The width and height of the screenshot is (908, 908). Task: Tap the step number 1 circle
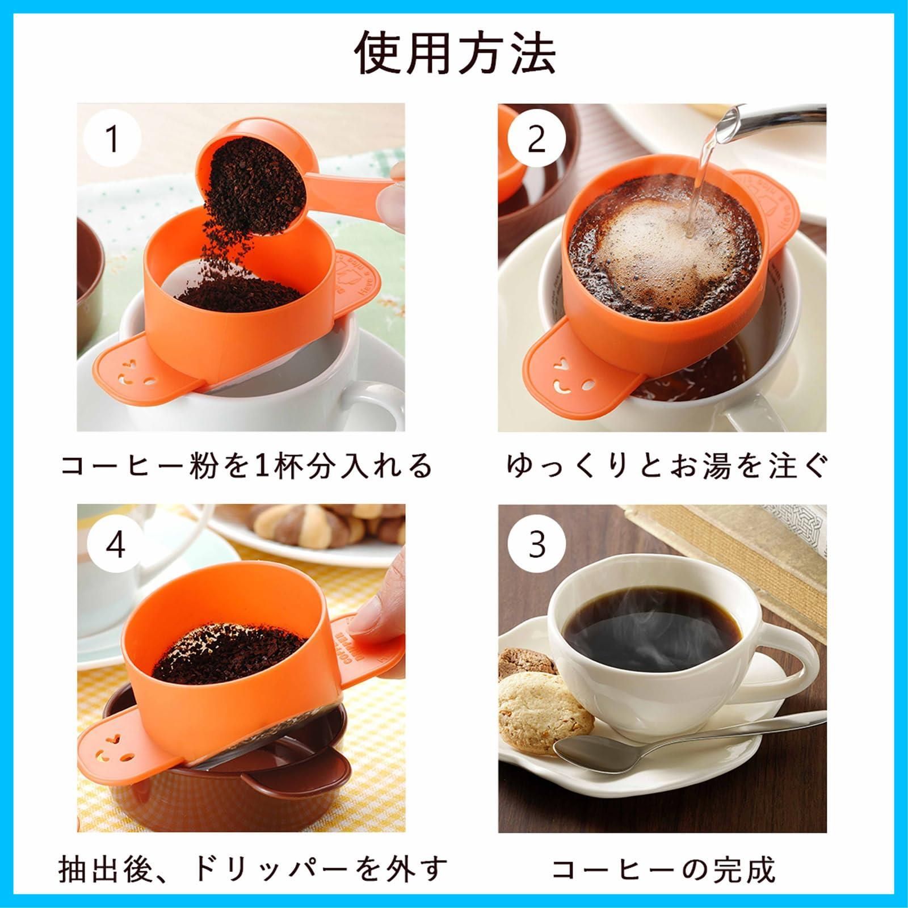click(x=112, y=139)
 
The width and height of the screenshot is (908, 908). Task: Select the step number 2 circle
click(x=536, y=139)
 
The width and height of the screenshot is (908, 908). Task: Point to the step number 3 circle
click(x=536, y=544)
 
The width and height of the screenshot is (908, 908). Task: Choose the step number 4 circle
click(x=116, y=544)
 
